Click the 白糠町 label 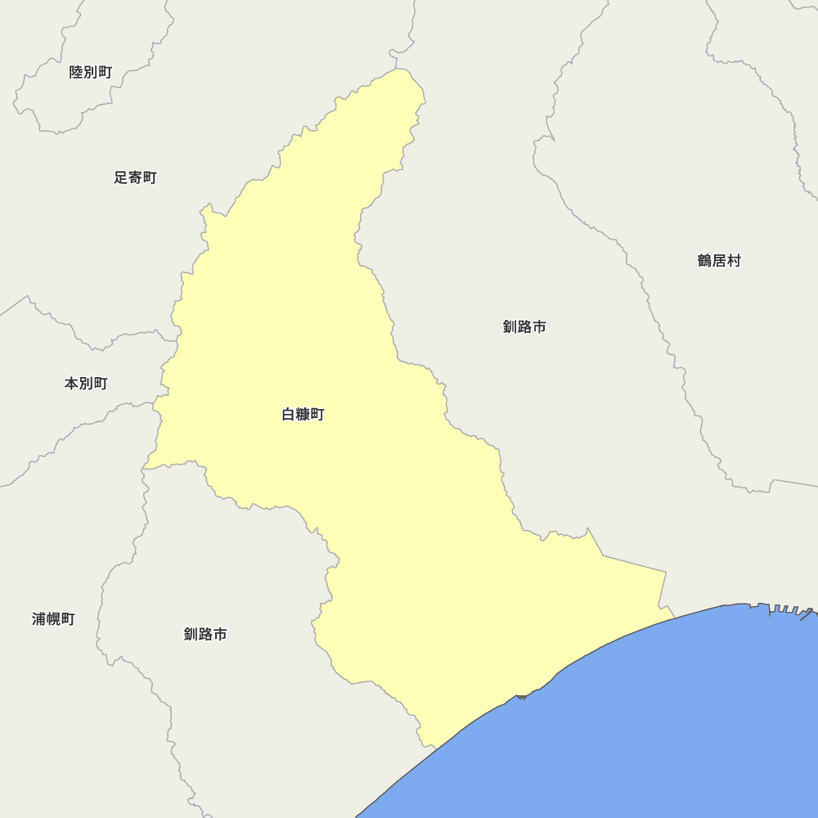(x=303, y=415)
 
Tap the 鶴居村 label (x=719, y=261)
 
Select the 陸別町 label (x=91, y=72)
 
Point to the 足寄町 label (x=135, y=178)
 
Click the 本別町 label (x=86, y=383)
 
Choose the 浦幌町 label (x=53, y=619)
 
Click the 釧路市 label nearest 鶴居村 (x=524, y=327)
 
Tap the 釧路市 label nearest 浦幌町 (x=205, y=634)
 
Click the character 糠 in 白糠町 (x=303, y=415)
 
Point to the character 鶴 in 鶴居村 (x=705, y=261)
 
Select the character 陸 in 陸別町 (x=77, y=72)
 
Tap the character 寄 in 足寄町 (x=135, y=178)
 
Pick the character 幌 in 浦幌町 (x=53, y=619)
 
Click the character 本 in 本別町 (x=72, y=383)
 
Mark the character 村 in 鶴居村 (x=734, y=261)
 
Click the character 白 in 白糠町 (x=289, y=415)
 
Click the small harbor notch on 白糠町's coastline (x=521, y=697)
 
